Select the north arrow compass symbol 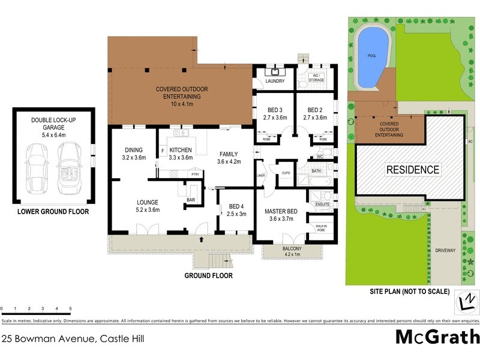point(467,299)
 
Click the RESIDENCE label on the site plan point(412,170)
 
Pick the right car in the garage point(70,169)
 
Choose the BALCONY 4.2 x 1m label point(289,251)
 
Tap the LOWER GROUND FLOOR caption point(53,212)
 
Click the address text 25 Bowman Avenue point(72,338)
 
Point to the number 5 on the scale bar point(71,308)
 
